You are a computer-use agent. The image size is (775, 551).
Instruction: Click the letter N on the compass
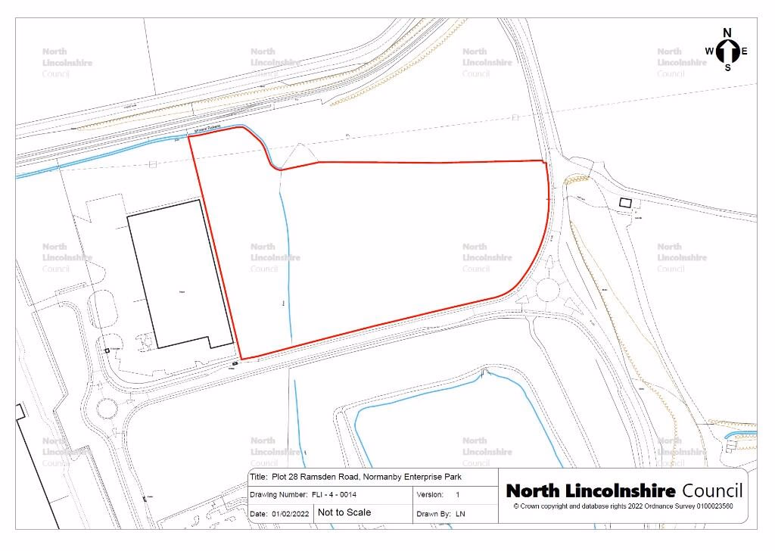727,33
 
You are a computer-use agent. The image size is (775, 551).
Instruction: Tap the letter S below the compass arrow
728,67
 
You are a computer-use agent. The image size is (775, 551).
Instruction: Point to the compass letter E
745,51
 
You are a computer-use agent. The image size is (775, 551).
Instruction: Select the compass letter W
710,51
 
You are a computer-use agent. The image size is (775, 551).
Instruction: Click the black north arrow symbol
728,51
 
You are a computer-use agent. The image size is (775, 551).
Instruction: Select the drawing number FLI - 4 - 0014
334,494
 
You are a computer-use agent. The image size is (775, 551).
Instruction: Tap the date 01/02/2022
288,513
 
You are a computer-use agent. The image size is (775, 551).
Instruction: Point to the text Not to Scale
344,512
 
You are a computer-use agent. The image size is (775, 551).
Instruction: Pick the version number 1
457,494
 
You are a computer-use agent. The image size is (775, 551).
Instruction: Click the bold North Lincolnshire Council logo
624,490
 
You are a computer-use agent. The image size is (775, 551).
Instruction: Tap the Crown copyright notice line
623,506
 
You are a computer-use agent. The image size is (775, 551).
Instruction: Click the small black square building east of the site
625,202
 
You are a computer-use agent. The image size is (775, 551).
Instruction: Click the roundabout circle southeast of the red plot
551,288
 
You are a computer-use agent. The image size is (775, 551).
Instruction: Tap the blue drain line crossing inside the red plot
285,257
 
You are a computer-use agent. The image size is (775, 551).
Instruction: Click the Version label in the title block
430,494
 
